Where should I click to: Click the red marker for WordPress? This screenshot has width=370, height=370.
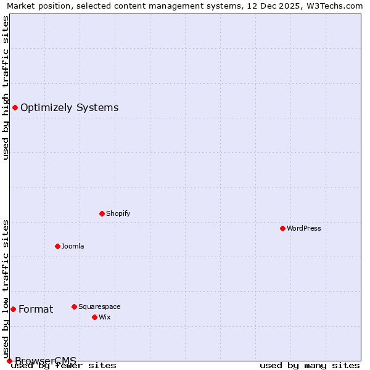pos(282,228)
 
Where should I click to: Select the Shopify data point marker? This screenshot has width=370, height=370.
pos(102,213)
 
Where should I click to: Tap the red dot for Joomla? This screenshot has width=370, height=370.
pos(57,246)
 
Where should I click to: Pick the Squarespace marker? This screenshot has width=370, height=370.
pos(74,306)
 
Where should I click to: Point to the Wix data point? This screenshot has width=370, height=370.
pos(94,317)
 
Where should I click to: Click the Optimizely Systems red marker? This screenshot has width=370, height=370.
pos(15,107)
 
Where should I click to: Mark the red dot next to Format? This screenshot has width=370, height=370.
pos(13,309)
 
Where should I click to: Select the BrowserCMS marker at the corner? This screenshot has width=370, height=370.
pos(9,361)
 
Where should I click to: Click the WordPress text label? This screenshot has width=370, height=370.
pos(304,228)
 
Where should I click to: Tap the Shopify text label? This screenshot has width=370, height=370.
pos(118,213)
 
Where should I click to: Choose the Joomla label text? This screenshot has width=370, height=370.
pos(73,246)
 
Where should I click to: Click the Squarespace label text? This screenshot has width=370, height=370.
pos(99,306)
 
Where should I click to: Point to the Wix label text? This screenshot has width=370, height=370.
pos(104,317)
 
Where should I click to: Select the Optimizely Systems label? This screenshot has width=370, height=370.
pos(69,107)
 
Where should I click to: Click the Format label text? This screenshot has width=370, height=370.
pos(36,309)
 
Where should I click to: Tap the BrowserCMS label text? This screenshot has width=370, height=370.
pos(46,361)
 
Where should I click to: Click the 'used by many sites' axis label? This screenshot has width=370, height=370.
pos(310,366)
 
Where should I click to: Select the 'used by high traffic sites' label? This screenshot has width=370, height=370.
pos(6,88)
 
